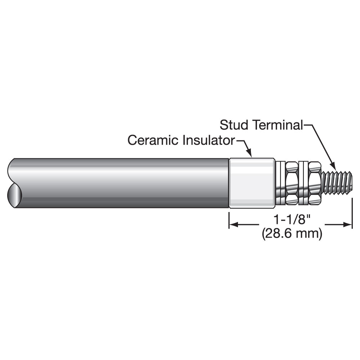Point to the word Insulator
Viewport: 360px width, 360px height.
(x=208, y=140)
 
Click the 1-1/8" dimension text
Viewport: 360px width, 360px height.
(x=292, y=220)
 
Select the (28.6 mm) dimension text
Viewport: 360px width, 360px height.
(x=292, y=234)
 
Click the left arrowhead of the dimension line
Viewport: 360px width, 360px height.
(x=234, y=225)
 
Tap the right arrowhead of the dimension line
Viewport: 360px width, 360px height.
(x=347, y=225)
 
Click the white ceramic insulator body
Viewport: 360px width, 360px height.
(x=252, y=183)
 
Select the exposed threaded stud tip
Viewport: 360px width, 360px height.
(x=337, y=183)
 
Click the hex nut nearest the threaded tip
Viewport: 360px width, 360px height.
(x=314, y=183)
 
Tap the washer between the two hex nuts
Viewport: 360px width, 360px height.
(x=303, y=183)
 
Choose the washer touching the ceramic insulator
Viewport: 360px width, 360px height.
(x=280, y=183)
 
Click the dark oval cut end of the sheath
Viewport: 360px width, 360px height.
(x=14, y=195)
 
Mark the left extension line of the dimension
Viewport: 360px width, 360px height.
(x=229, y=220)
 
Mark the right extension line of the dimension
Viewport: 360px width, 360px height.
(x=352, y=214)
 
